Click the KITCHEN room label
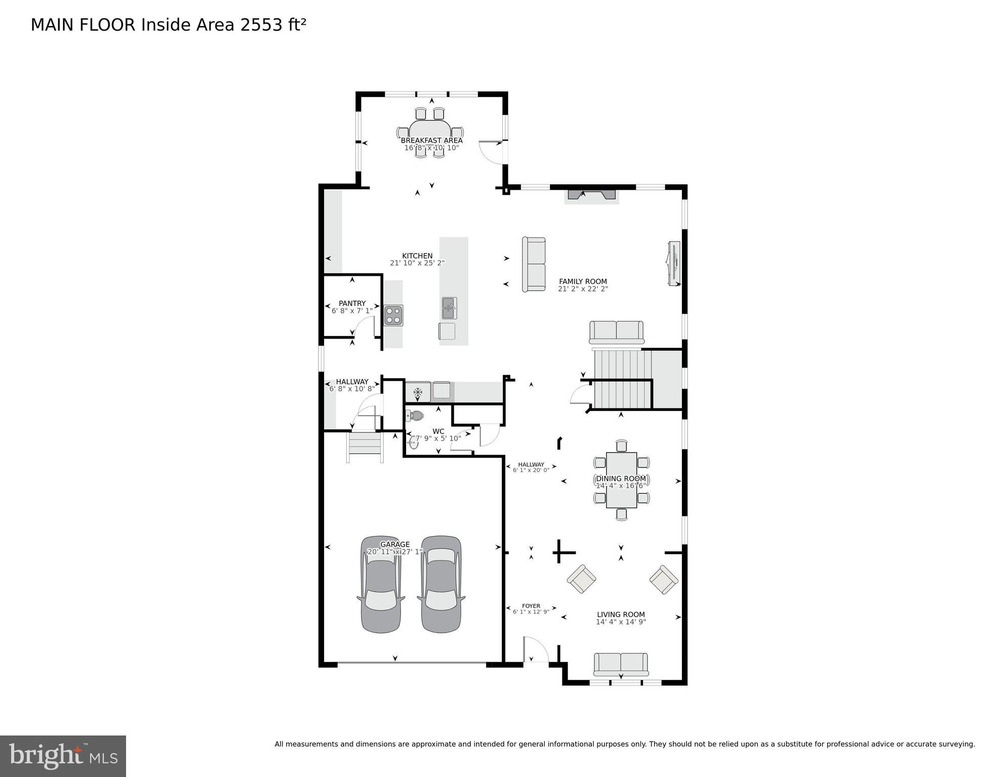click(417, 256)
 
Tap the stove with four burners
click(393, 315)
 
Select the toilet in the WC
click(415, 416)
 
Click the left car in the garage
click(381, 584)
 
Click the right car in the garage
click(441, 584)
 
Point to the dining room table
click(621, 480)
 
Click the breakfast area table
click(430, 133)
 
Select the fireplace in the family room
click(591, 195)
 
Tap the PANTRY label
click(352, 304)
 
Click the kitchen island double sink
click(449, 308)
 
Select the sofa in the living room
click(621, 664)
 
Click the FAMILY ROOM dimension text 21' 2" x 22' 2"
click(583, 289)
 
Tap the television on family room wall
click(674, 263)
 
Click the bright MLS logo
click(63, 756)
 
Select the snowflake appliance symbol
click(418, 392)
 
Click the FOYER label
click(531, 606)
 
